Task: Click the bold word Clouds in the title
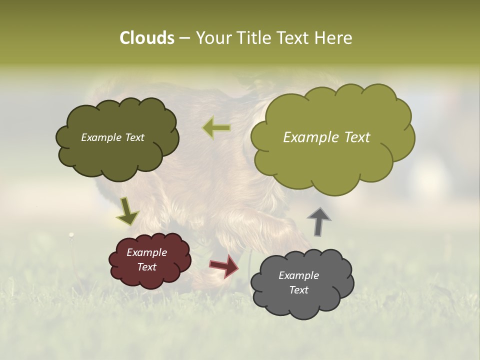point(146,38)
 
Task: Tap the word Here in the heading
point(334,38)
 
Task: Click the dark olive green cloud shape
point(117,155)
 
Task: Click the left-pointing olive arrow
point(216,128)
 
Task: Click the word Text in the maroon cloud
point(147,267)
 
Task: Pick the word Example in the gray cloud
point(298,275)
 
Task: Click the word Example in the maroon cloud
point(147,252)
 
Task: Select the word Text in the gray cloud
point(298,290)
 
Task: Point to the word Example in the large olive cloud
point(310,137)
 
